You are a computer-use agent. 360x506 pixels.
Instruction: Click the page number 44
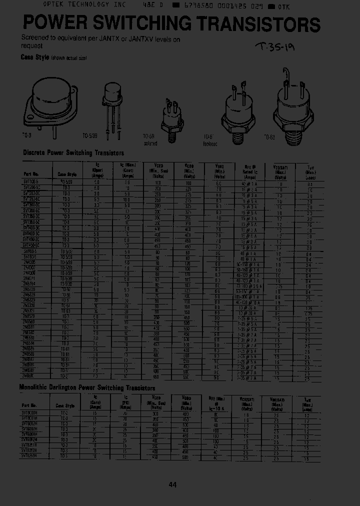click(x=173, y=484)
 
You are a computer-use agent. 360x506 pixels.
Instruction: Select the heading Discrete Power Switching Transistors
click(x=73, y=153)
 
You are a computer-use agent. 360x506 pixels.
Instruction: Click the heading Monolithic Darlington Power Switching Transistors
click(x=87, y=387)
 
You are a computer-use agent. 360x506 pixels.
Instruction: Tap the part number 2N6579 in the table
click(x=29, y=316)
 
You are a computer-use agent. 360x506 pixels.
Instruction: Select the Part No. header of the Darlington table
click(x=29, y=405)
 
